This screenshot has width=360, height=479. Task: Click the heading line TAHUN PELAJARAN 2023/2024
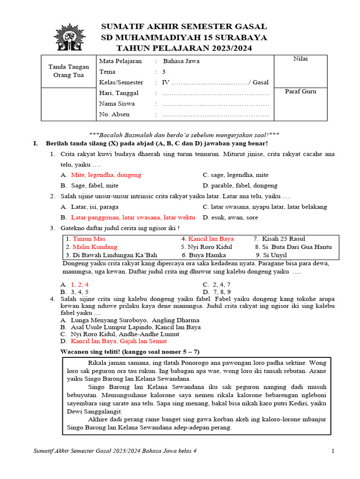tap(184, 48)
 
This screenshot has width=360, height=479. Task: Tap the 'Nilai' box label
tap(300, 58)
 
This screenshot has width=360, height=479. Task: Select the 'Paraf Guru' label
tap(300, 91)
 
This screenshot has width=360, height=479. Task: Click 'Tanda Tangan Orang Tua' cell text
tap(69, 71)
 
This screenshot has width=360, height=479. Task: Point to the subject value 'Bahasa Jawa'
tap(181, 61)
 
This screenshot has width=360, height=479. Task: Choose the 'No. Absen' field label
tap(114, 114)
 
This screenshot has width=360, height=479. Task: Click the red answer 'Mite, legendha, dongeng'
tap(106, 175)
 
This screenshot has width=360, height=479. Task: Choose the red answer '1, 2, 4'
tap(80, 284)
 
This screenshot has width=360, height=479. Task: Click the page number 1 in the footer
tap(332, 451)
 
